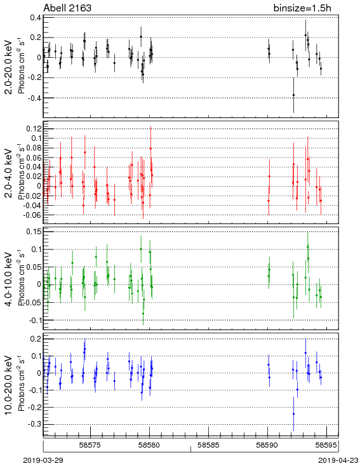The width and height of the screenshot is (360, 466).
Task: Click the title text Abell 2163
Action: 67,8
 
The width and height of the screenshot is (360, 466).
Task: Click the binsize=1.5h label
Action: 302,8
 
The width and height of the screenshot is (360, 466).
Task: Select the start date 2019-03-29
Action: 43,460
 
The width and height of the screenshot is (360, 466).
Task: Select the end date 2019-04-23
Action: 338,460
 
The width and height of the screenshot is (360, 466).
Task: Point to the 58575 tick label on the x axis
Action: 90,445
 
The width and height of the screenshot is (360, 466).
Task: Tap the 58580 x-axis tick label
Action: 149,445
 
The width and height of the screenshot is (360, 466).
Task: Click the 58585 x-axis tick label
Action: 208,445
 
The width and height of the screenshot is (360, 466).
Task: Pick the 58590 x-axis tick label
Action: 267,445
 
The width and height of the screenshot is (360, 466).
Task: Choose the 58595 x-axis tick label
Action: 326,445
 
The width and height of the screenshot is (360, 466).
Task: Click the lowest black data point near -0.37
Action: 293,95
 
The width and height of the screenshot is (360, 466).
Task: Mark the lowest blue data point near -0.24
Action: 293,414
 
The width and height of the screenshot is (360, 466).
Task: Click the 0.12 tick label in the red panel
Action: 34,129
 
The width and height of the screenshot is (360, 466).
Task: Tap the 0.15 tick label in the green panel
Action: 34,232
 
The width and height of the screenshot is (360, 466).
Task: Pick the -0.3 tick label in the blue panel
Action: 34,424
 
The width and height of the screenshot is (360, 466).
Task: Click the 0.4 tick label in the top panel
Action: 36,18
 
